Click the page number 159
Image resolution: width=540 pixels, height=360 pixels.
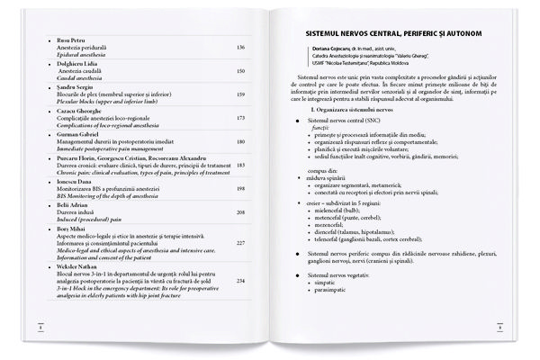tap(239, 93)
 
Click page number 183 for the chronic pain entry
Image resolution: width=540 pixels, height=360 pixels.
tap(239, 166)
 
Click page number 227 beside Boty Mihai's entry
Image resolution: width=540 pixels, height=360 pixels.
tap(239, 243)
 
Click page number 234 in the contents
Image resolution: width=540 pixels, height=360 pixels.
tap(239, 280)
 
